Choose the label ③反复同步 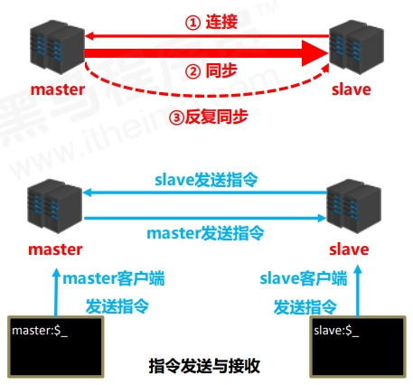pos(210,116)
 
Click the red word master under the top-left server pos(56,89)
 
